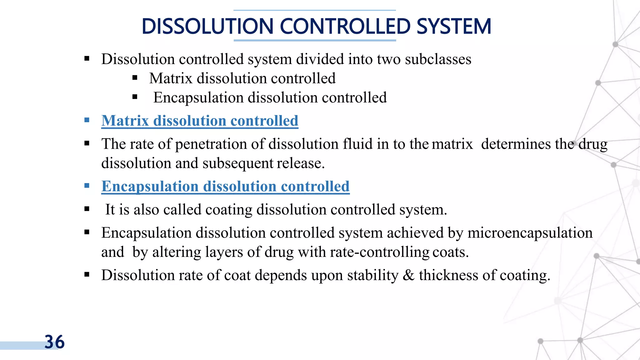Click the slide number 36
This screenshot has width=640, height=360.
55,342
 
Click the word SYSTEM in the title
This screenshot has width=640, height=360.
454,26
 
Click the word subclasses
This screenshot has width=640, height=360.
438,59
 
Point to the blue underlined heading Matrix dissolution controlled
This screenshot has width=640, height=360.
200,121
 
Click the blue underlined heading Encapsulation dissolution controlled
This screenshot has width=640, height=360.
225,186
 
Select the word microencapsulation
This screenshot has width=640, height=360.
530,233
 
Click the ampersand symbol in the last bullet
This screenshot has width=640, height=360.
408,275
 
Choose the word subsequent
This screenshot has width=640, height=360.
238,163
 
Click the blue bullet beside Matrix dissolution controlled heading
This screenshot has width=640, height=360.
87,120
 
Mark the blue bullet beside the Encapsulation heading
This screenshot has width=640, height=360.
87,186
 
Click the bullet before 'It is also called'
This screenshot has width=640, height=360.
87,209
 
